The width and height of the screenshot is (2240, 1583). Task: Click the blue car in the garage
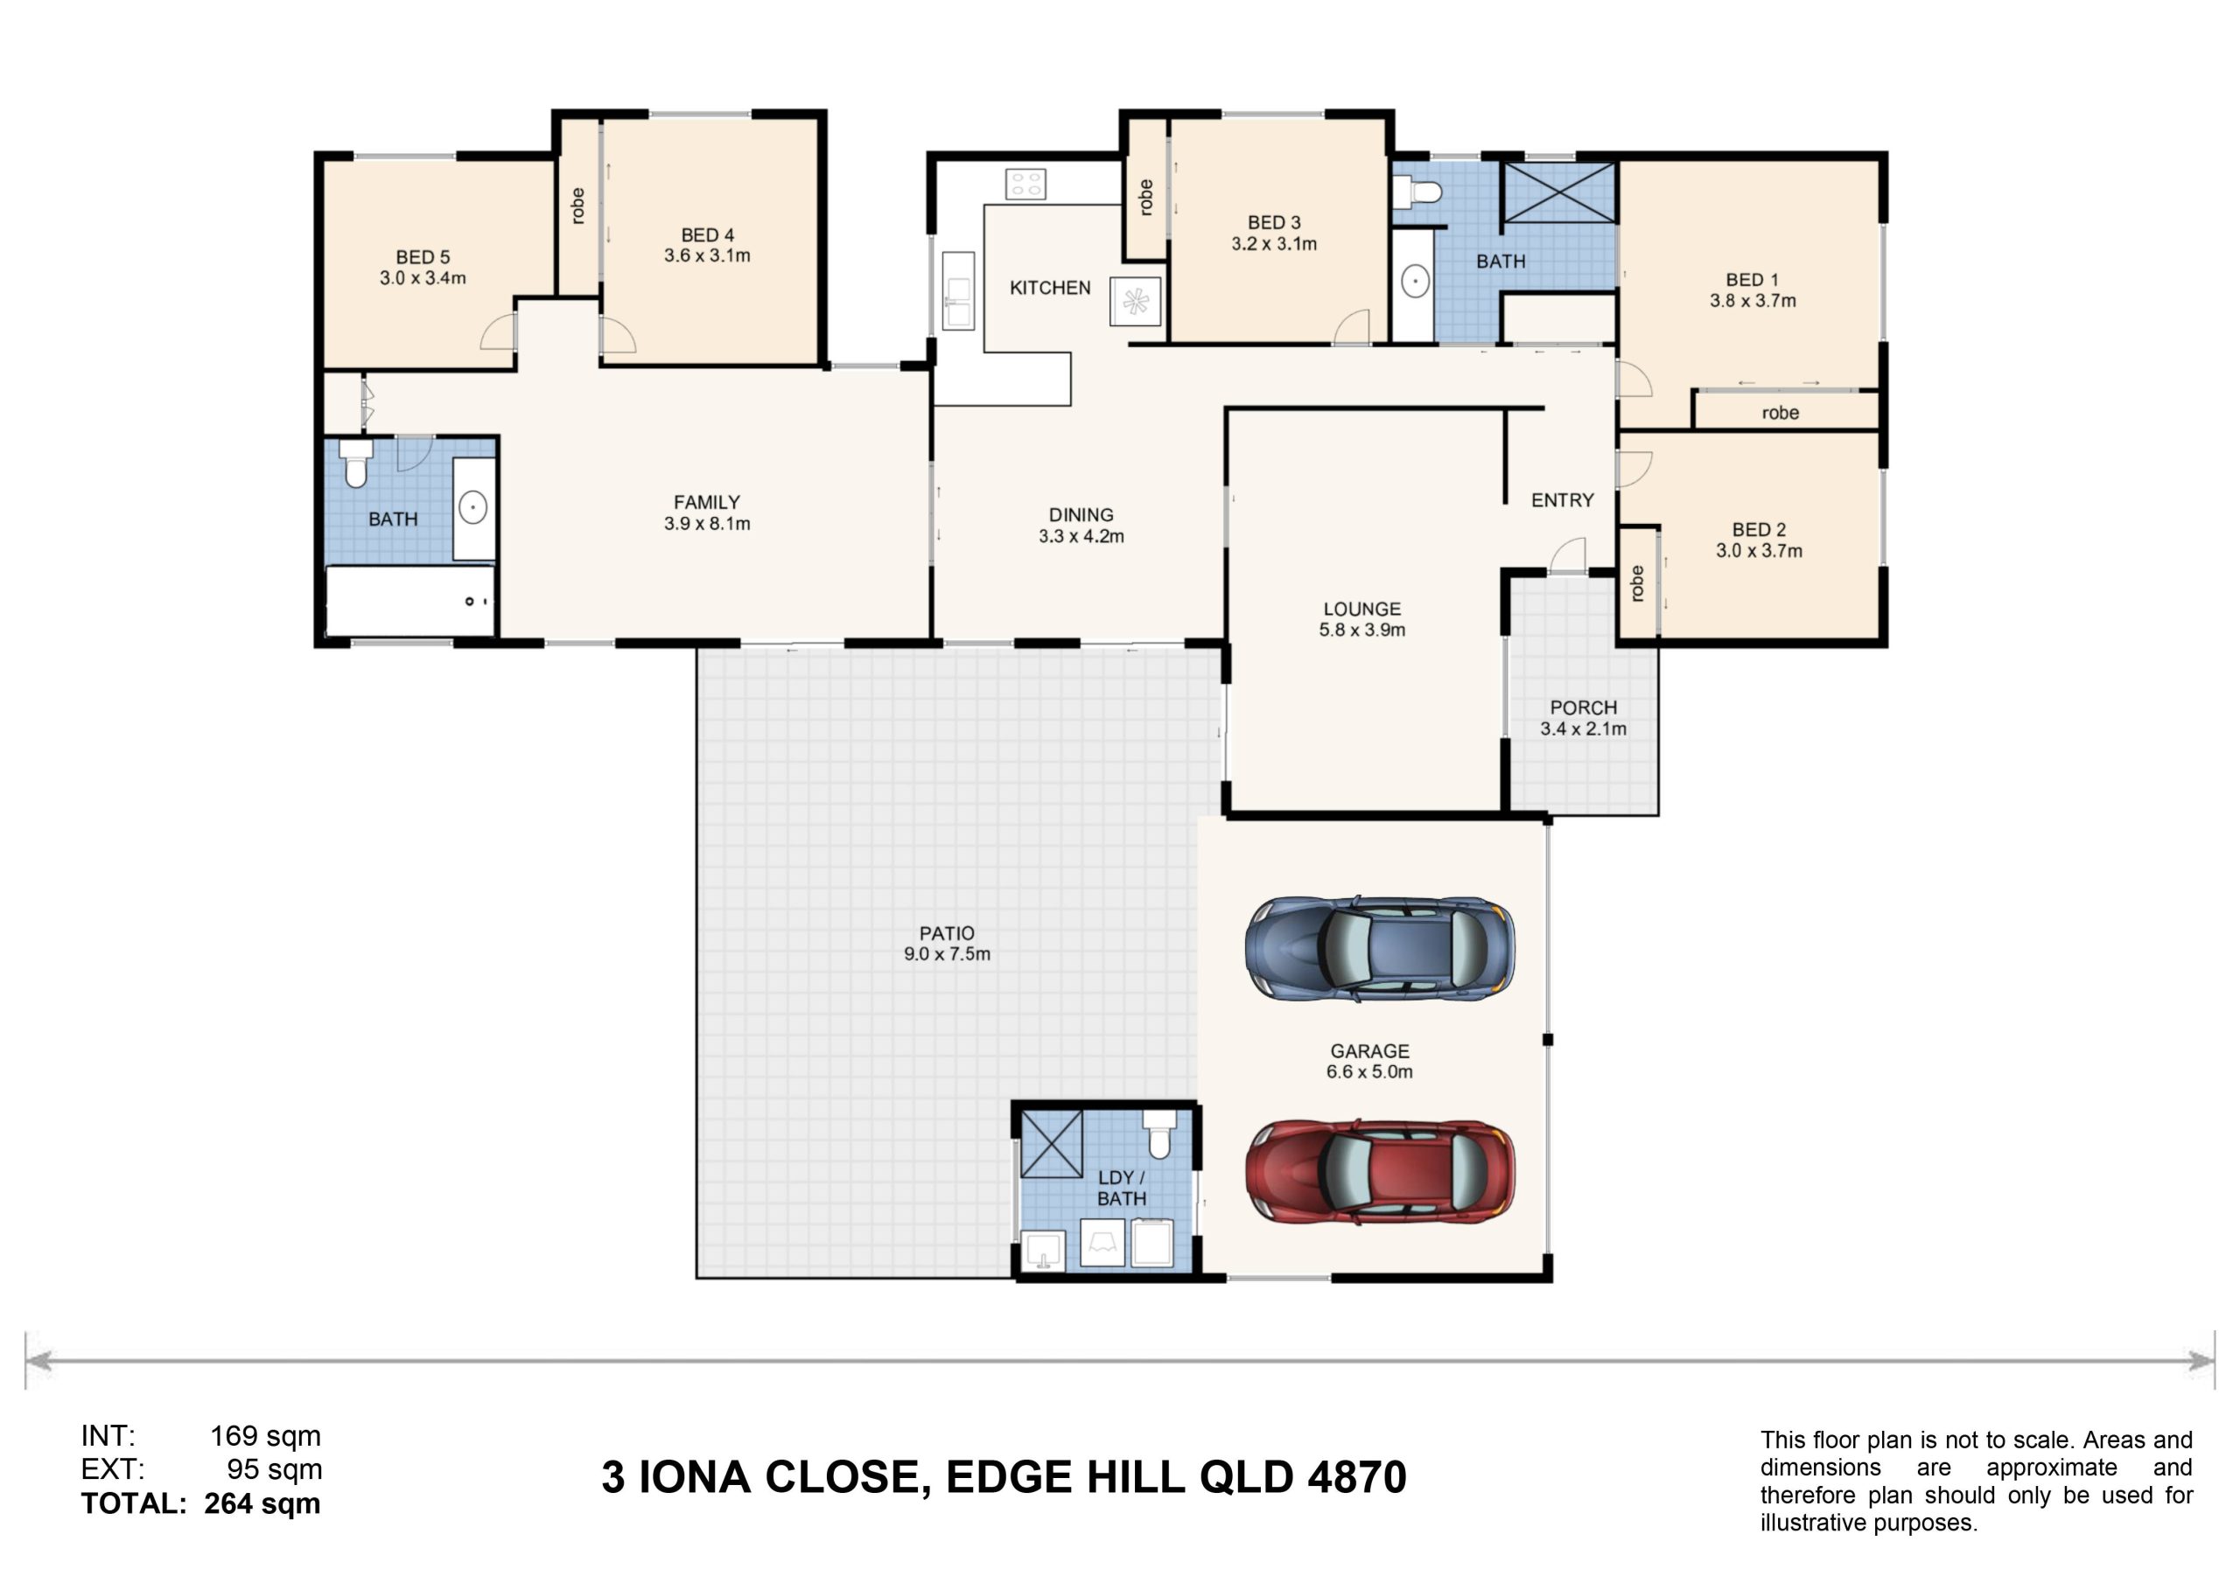coord(1380,949)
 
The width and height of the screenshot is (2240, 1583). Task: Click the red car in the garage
coord(1380,1171)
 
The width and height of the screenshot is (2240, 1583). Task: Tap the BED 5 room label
coord(423,257)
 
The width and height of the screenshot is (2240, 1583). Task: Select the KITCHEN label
coord(1050,288)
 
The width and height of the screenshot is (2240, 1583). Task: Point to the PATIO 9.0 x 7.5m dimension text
coord(947,954)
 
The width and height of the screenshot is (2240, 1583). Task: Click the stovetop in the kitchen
coord(1025,184)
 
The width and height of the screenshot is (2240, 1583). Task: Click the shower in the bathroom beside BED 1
coord(1559,192)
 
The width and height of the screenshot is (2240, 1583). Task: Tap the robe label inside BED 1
coord(1781,413)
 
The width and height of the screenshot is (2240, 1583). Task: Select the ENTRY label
coord(1562,500)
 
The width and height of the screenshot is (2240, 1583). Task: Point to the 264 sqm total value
coord(262,1503)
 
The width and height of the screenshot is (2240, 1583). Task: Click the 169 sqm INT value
coord(265,1436)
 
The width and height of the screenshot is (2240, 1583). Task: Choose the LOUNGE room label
coord(1362,609)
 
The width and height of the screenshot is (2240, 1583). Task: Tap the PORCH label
coord(1584,708)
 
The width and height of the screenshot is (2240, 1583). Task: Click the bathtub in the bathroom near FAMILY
coord(409,601)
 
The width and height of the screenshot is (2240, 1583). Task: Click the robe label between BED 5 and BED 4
coord(577,206)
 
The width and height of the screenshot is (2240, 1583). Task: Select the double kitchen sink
coord(958,290)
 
